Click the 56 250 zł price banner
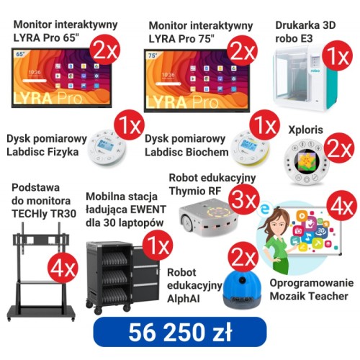click(180, 332)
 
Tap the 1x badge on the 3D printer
click(337, 55)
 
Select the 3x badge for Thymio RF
click(244, 200)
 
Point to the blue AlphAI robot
click(242, 289)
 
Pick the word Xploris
click(305, 130)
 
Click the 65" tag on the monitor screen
click(20, 54)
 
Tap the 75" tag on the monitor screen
click(153, 55)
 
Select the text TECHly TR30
click(44, 214)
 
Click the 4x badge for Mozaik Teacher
click(342, 205)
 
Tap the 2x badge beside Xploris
click(339, 148)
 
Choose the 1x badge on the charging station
click(158, 245)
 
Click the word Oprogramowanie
click(312, 283)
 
